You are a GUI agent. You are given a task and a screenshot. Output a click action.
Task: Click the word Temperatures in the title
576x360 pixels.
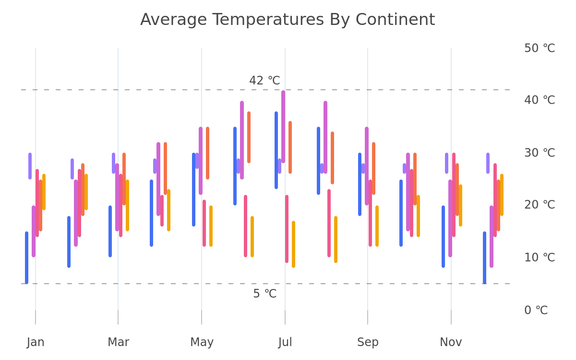pos(268,20)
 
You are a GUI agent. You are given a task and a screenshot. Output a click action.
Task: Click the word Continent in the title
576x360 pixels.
pos(395,20)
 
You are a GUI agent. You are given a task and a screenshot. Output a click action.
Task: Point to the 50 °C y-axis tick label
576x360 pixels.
pos(540,48)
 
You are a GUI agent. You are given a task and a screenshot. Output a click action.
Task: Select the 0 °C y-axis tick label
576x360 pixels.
pos(536,310)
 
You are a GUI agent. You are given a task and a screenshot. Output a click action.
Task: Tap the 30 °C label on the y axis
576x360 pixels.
pos(540,153)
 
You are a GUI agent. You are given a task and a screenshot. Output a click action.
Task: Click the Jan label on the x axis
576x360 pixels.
pos(36,342)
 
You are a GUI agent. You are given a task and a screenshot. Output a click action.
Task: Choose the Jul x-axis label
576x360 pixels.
pos(285,342)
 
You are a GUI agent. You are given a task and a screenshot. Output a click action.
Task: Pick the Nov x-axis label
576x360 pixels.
pos(451,342)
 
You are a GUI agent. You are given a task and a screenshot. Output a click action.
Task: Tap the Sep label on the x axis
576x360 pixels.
pos(368,342)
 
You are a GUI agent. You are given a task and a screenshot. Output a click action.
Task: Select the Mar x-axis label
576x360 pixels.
pos(118,342)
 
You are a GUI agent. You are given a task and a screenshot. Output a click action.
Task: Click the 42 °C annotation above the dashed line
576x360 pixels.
pos(264,81)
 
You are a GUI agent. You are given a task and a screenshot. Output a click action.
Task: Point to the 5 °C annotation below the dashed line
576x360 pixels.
pos(264,293)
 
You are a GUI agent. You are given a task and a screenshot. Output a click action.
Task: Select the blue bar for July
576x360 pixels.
pos(276,150)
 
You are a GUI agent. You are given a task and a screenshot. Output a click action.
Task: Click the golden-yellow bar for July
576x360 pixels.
pos(293,244)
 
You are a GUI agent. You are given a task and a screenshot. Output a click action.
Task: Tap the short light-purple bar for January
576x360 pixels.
pos(30,166)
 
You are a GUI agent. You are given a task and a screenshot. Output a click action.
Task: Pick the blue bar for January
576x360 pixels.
pos(26,258)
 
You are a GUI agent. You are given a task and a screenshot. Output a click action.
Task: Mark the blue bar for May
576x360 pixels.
pos(193,190)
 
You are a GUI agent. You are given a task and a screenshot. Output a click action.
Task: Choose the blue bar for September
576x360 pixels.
pos(360,184)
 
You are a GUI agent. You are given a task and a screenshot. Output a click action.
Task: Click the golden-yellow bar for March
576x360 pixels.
pos(127,205)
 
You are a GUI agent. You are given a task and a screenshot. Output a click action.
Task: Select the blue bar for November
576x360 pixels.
pos(444,237)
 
